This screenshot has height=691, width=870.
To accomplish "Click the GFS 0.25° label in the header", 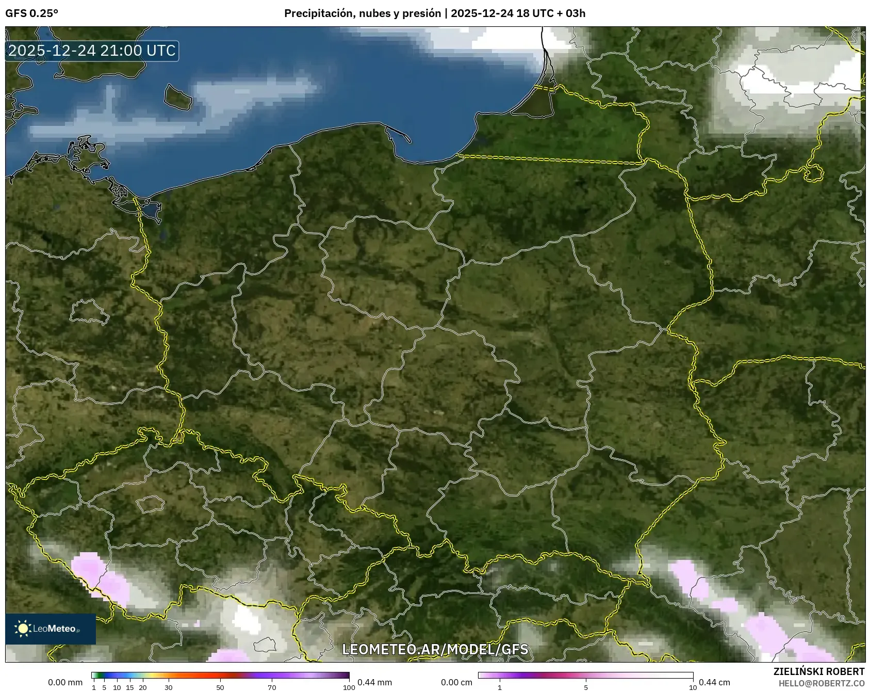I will coord(31,13).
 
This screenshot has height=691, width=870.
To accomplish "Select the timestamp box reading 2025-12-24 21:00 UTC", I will coord(92,51).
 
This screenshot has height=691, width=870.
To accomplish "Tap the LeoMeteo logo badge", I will coord(51,629).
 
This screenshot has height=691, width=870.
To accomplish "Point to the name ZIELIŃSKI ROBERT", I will coord(818,671).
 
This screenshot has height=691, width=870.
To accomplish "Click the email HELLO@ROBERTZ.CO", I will coord(821,683).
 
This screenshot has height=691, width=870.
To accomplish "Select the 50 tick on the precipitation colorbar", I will coord(220,687).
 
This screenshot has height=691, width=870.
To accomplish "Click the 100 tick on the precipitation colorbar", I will coord(349,687).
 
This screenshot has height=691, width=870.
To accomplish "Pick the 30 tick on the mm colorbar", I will coord(169,687).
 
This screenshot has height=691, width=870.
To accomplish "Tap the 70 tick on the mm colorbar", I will coord(272,687).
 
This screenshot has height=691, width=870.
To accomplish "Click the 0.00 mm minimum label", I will coord(65,682).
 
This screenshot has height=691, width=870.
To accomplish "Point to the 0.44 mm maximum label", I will coord(375,682).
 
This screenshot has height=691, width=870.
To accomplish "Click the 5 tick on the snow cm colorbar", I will coord(586,687).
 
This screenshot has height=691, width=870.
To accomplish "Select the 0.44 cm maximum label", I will coord(714,682).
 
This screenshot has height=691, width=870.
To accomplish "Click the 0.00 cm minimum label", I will coord(456,682).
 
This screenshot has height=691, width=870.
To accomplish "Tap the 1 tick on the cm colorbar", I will coord(500,687).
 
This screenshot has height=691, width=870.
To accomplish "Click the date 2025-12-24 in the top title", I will coord(482,13).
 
